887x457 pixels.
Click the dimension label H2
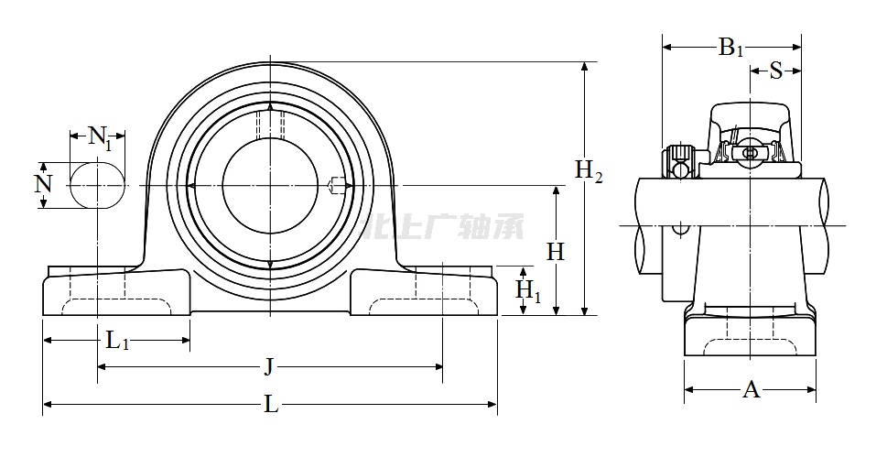(x=589, y=170)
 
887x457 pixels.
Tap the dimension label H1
(x=528, y=291)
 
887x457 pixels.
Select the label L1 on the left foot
(x=117, y=342)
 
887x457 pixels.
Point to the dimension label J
(x=269, y=367)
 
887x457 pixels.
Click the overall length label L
(x=271, y=404)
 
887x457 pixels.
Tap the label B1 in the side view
(x=730, y=48)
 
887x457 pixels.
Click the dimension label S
(x=775, y=71)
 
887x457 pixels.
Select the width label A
(x=751, y=390)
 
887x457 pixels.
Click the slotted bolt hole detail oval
(x=97, y=185)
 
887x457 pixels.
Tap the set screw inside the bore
(x=337, y=186)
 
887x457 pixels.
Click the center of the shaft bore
(x=271, y=186)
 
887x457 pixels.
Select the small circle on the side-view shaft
(x=679, y=226)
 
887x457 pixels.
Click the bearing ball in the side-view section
(x=750, y=153)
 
